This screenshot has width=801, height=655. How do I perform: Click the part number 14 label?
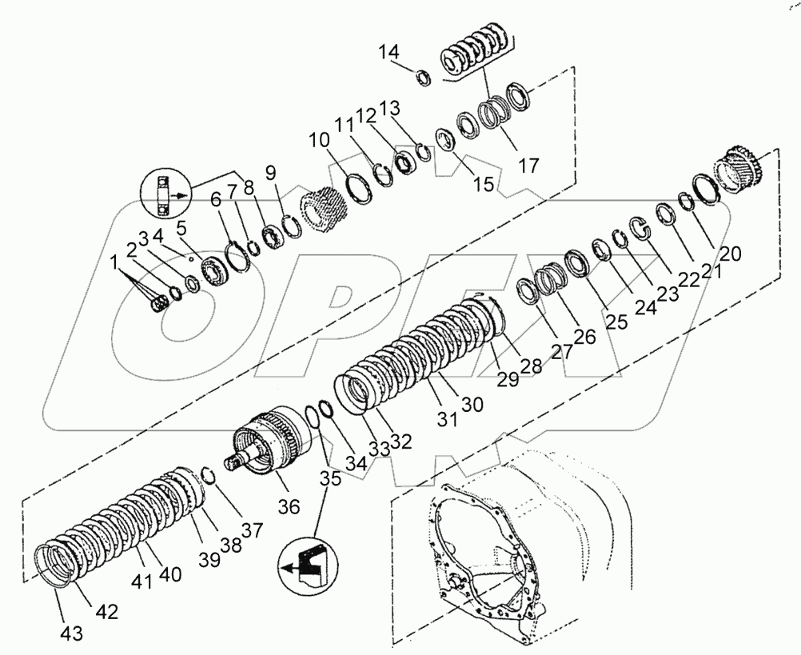coord(388,53)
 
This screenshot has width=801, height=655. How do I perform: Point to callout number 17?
coord(528,166)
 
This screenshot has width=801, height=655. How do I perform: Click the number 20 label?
coord(730,254)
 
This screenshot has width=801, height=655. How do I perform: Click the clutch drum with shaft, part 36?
coord(264,444)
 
